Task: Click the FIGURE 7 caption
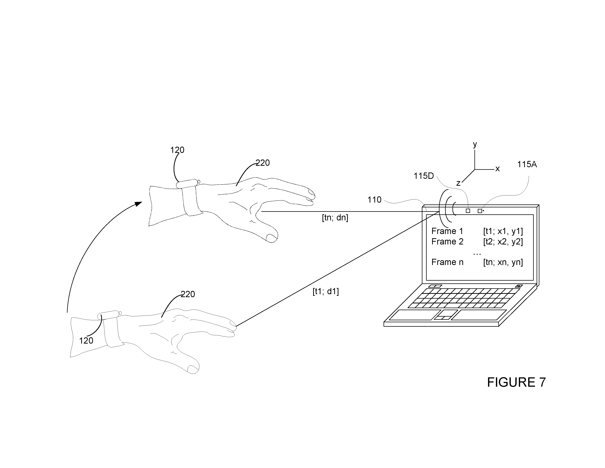[516, 382]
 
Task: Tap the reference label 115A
[527, 165]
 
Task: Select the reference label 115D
[423, 176]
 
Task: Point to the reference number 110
[374, 200]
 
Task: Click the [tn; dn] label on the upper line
[335, 218]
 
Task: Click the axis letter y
[475, 144]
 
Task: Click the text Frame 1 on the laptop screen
[447, 231]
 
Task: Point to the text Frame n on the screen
[447, 262]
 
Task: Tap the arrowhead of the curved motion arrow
[138, 204]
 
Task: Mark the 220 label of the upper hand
[262, 163]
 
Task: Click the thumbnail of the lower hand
[193, 368]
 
